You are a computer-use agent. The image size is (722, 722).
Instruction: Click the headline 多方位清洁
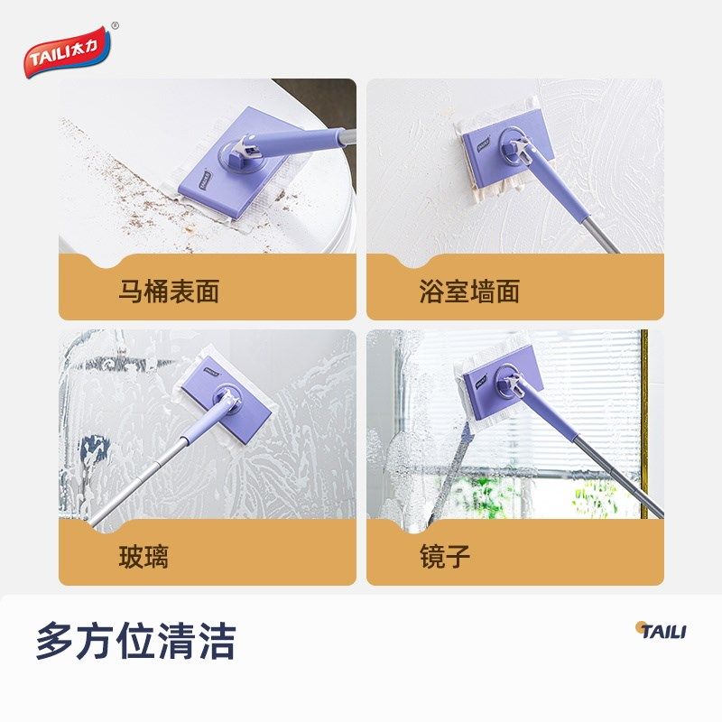point(135,642)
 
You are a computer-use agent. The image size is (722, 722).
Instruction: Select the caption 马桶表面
point(169,292)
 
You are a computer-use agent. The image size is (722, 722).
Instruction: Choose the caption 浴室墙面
point(469,292)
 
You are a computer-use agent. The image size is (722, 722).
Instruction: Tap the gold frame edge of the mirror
point(644,424)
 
